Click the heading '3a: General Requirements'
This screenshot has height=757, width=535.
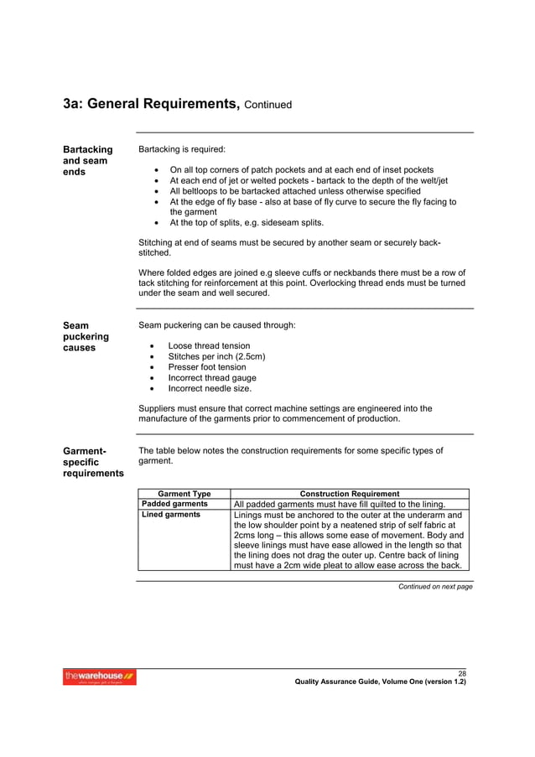(x=152, y=104)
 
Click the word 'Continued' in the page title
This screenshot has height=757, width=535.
(x=268, y=106)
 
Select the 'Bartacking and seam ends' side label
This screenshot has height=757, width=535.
(x=88, y=161)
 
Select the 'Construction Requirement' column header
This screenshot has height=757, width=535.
(x=350, y=494)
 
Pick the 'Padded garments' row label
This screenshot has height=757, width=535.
(x=174, y=504)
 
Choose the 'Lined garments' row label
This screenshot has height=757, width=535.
(x=170, y=515)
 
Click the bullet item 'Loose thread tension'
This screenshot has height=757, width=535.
(x=209, y=345)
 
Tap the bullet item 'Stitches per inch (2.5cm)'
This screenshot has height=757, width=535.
(x=216, y=356)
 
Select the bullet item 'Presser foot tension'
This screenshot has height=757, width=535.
(x=207, y=367)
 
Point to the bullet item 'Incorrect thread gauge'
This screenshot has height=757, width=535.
(x=212, y=378)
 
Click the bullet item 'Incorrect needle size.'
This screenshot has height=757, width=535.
(x=210, y=389)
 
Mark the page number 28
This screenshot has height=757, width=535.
(x=461, y=673)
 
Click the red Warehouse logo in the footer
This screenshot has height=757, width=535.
(x=100, y=677)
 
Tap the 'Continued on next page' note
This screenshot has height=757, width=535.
(x=434, y=587)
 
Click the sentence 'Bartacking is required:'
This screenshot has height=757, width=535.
(x=182, y=149)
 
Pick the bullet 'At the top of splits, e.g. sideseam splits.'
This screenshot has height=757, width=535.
(x=247, y=223)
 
